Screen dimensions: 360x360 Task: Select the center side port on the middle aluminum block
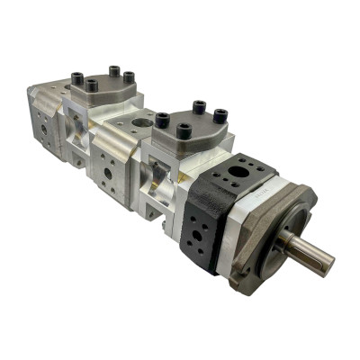[x=107, y=171]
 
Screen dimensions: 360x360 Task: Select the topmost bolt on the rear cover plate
[x=113, y=69]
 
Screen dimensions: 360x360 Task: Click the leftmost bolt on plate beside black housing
[x=163, y=119]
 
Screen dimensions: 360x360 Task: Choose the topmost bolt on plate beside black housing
[x=196, y=107]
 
